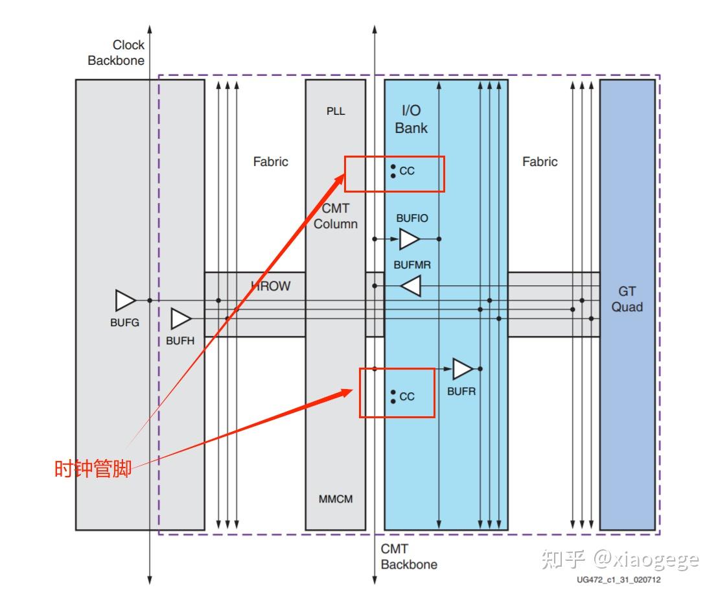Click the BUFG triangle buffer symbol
(126, 301)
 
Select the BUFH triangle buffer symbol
(181, 318)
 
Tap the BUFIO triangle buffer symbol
(410, 239)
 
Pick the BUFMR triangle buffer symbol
(411, 286)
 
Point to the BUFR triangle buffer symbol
(463, 369)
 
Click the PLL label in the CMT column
(336, 112)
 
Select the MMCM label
(336, 499)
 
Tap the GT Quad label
(627, 299)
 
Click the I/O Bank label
(411, 119)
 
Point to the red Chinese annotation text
(93, 468)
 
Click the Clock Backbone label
(116, 53)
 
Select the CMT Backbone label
(409, 556)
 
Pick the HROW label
(271, 286)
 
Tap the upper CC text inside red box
(407, 171)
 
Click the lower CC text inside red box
(407, 396)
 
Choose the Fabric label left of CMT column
(271, 161)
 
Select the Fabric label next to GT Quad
(540, 161)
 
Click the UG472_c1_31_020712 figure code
(619, 580)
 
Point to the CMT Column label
(336, 216)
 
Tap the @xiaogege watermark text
(646, 560)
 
